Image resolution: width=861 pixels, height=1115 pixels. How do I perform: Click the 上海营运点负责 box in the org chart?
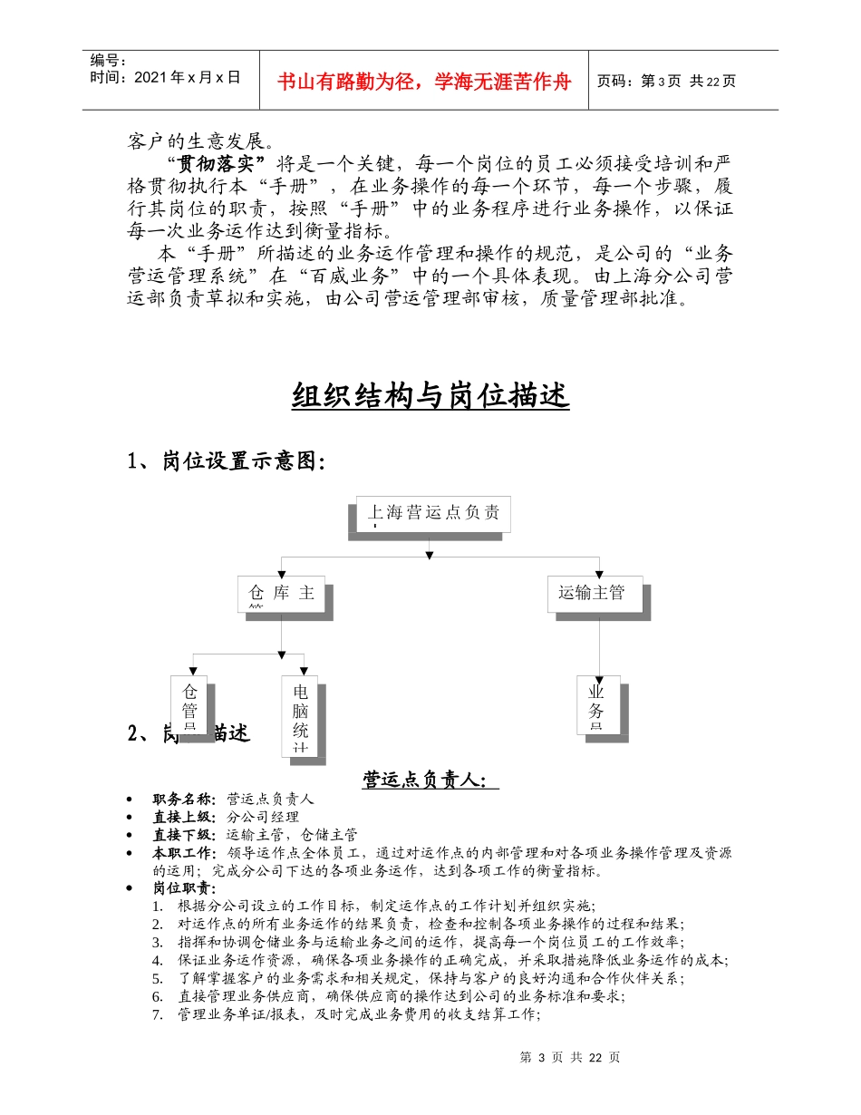point(432,514)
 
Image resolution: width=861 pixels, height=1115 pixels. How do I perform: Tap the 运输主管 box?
point(595,594)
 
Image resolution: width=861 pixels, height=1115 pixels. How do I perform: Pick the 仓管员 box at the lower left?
point(189,703)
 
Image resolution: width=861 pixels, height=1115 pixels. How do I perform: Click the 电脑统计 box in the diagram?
point(301,715)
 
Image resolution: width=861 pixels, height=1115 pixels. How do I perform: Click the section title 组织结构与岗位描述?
point(430,396)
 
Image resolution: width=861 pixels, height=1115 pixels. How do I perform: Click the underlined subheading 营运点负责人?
point(430,780)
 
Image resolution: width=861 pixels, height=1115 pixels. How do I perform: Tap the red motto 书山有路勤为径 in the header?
point(425,82)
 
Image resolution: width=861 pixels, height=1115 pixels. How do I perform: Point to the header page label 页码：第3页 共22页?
point(666,81)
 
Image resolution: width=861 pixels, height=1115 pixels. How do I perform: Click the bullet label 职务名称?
point(184,800)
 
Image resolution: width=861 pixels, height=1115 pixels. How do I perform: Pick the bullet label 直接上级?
point(184,817)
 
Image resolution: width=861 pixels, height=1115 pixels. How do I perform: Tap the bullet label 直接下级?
point(184,835)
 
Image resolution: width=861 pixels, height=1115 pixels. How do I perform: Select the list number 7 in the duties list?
point(158,1015)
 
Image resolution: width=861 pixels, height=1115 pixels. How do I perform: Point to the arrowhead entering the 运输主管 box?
point(599,572)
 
